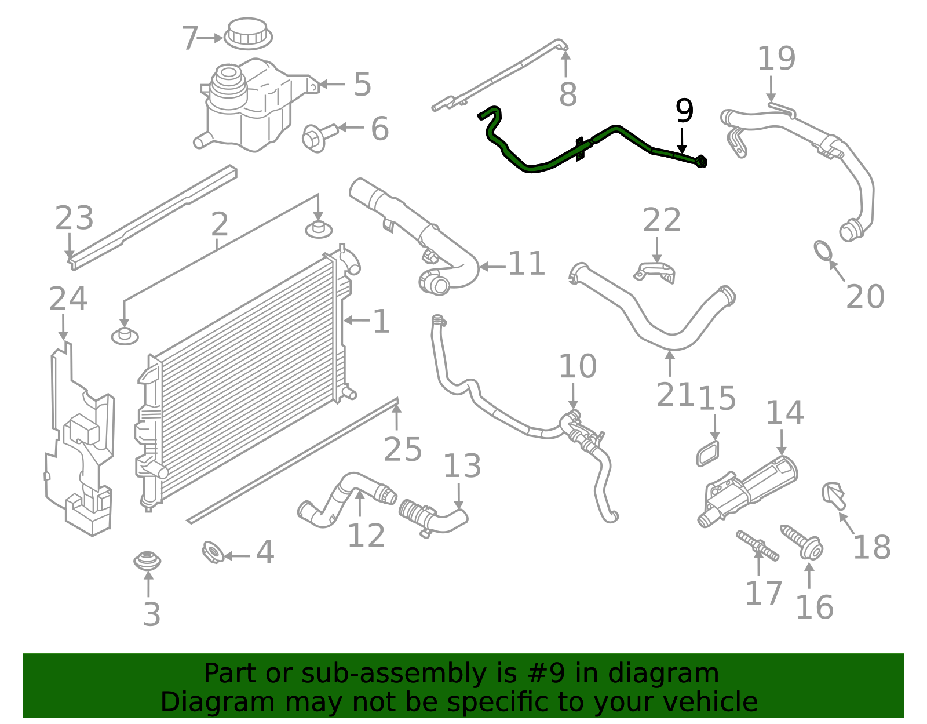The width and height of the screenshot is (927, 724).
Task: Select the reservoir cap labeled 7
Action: (x=249, y=33)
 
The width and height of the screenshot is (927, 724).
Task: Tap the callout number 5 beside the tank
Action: (x=362, y=85)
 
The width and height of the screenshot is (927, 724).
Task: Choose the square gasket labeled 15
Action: (x=709, y=453)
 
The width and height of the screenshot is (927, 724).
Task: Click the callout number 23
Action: (x=74, y=219)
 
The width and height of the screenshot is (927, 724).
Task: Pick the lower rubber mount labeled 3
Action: (x=147, y=561)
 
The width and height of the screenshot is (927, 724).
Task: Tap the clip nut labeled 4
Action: (x=212, y=552)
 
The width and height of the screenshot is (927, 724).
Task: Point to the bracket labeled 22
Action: (x=656, y=271)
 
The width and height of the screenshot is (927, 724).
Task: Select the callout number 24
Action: (x=68, y=299)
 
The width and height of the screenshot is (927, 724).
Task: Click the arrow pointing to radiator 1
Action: (x=357, y=320)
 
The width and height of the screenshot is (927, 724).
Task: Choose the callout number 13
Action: (x=462, y=466)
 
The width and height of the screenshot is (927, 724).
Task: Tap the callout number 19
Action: (x=776, y=59)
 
